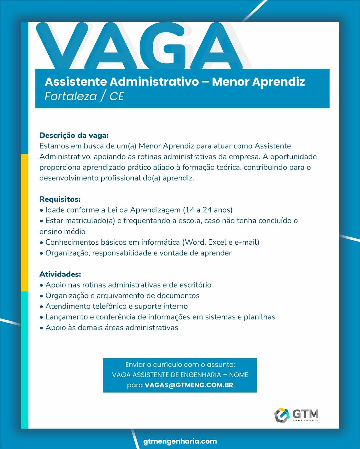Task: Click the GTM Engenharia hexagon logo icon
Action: (x=282, y=415)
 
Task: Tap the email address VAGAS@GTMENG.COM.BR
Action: (x=189, y=385)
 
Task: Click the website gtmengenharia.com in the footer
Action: (x=180, y=441)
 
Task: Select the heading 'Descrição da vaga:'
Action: (x=74, y=135)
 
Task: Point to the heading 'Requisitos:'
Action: (x=60, y=199)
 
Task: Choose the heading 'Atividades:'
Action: (x=60, y=274)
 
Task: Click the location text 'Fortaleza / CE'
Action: (x=84, y=96)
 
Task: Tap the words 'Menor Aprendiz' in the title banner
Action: (x=258, y=82)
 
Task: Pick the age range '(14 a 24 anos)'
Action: (x=207, y=210)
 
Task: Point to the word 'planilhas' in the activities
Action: (x=259, y=317)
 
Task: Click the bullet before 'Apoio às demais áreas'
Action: (x=41, y=328)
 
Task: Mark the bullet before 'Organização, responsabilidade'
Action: (x=41, y=253)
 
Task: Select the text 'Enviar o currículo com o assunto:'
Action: (x=180, y=365)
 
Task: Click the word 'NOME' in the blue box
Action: (x=239, y=375)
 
